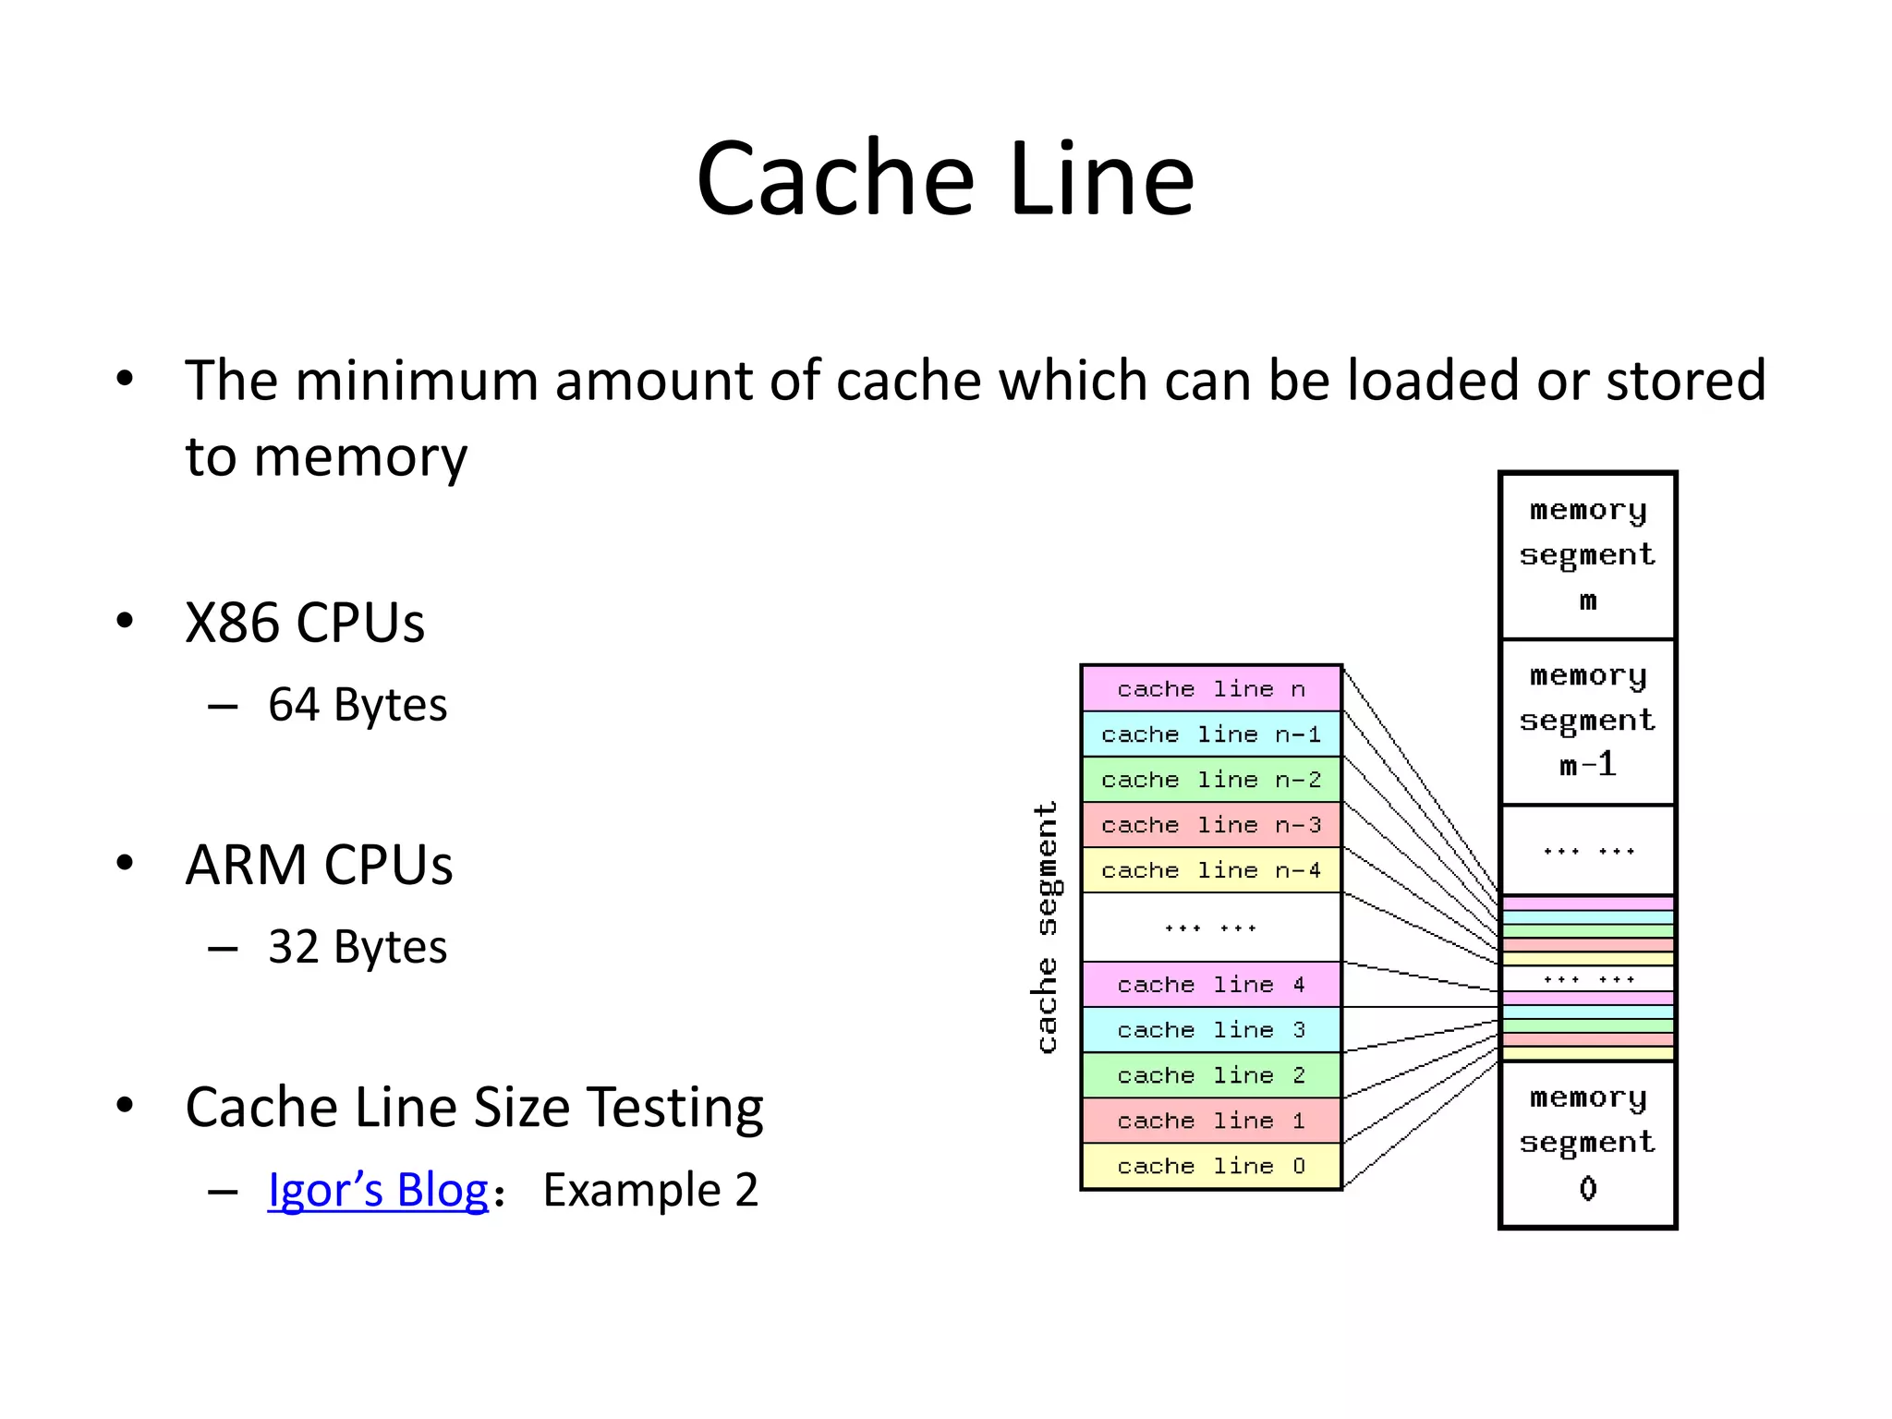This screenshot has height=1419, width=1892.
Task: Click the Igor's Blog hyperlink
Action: click(x=377, y=1189)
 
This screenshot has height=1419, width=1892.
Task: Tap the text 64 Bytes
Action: click(x=357, y=705)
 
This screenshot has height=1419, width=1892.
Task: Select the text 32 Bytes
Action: click(x=357, y=947)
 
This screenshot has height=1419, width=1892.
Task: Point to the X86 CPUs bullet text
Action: click(x=304, y=623)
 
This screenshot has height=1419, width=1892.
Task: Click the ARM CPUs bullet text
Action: click(x=318, y=865)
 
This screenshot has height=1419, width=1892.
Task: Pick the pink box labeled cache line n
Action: click(x=1210, y=688)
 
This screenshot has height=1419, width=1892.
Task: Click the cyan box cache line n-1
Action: click(x=1210, y=734)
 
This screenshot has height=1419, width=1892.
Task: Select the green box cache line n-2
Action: click(x=1210, y=780)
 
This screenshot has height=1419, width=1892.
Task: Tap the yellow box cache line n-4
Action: click(x=1210, y=870)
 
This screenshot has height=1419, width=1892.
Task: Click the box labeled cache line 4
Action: click(x=1210, y=985)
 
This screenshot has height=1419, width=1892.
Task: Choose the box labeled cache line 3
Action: click(x=1210, y=1030)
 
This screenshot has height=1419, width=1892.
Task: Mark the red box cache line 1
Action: click(x=1210, y=1121)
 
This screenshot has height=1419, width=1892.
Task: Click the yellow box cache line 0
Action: click(x=1210, y=1166)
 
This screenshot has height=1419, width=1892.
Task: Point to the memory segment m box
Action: click(x=1587, y=555)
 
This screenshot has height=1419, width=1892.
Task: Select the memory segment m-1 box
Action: click(x=1587, y=721)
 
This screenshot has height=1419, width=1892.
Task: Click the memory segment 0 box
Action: click(x=1587, y=1143)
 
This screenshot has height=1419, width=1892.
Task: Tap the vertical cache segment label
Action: click(x=1046, y=927)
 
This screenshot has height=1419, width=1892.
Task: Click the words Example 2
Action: click(x=649, y=1189)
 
